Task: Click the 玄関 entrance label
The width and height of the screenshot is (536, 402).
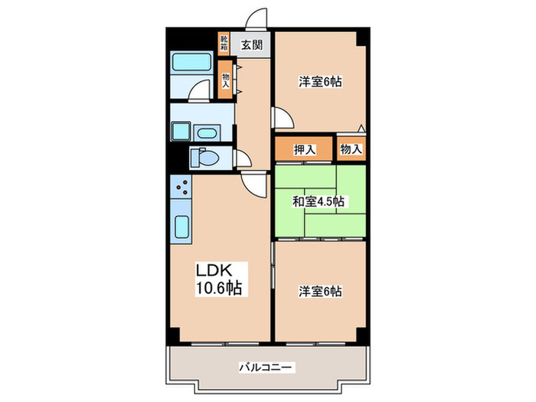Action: [x=252, y=44]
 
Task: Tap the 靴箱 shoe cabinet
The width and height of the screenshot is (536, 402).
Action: [x=224, y=43]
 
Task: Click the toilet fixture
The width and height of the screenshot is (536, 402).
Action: [x=203, y=159]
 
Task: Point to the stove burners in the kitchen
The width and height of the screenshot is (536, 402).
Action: [x=182, y=186]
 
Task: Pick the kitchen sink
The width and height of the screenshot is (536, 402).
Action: [x=183, y=227]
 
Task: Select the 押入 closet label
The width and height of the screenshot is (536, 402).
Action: [x=304, y=150]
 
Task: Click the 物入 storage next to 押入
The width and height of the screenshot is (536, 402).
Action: [x=351, y=150]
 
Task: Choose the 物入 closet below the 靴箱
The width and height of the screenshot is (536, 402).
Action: [x=225, y=78]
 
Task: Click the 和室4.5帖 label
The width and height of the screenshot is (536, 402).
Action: [x=317, y=202]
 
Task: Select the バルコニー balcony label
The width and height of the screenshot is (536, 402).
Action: [x=266, y=368]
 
